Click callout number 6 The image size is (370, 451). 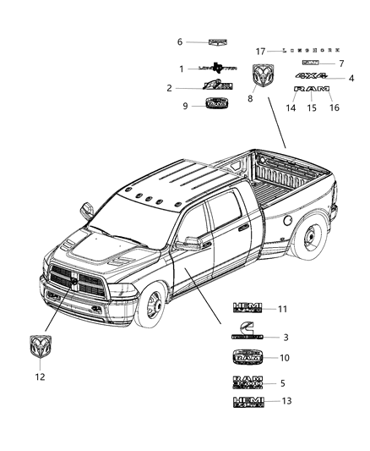click(179, 41)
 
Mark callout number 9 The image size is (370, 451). click(185, 106)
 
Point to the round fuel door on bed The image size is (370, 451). click(288, 220)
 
